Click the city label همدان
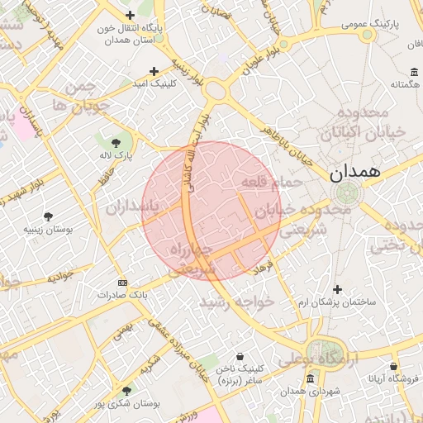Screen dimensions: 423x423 [x=354, y=173]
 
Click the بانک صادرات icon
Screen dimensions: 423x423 [x=122, y=282]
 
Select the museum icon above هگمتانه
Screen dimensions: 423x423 [x=414, y=71]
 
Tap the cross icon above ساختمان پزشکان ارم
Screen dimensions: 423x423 [x=337, y=288]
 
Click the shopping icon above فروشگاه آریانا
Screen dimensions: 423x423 [x=394, y=365]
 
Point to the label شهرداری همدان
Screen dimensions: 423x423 [x=310, y=391]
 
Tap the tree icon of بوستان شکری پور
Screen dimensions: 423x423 [x=126, y=391]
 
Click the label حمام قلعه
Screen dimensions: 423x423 [x=264, y=180]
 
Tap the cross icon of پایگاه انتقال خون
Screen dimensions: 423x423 [x=130, y=15]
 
